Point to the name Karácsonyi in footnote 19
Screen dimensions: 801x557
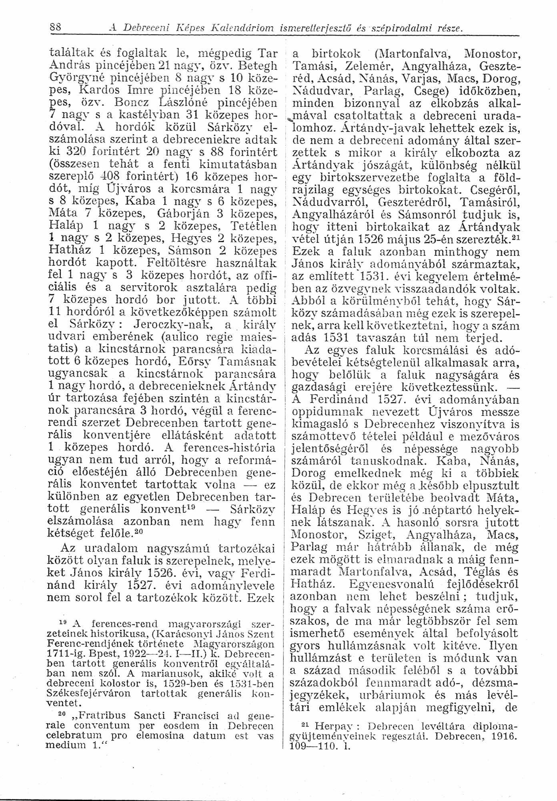[x=180, y=634]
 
